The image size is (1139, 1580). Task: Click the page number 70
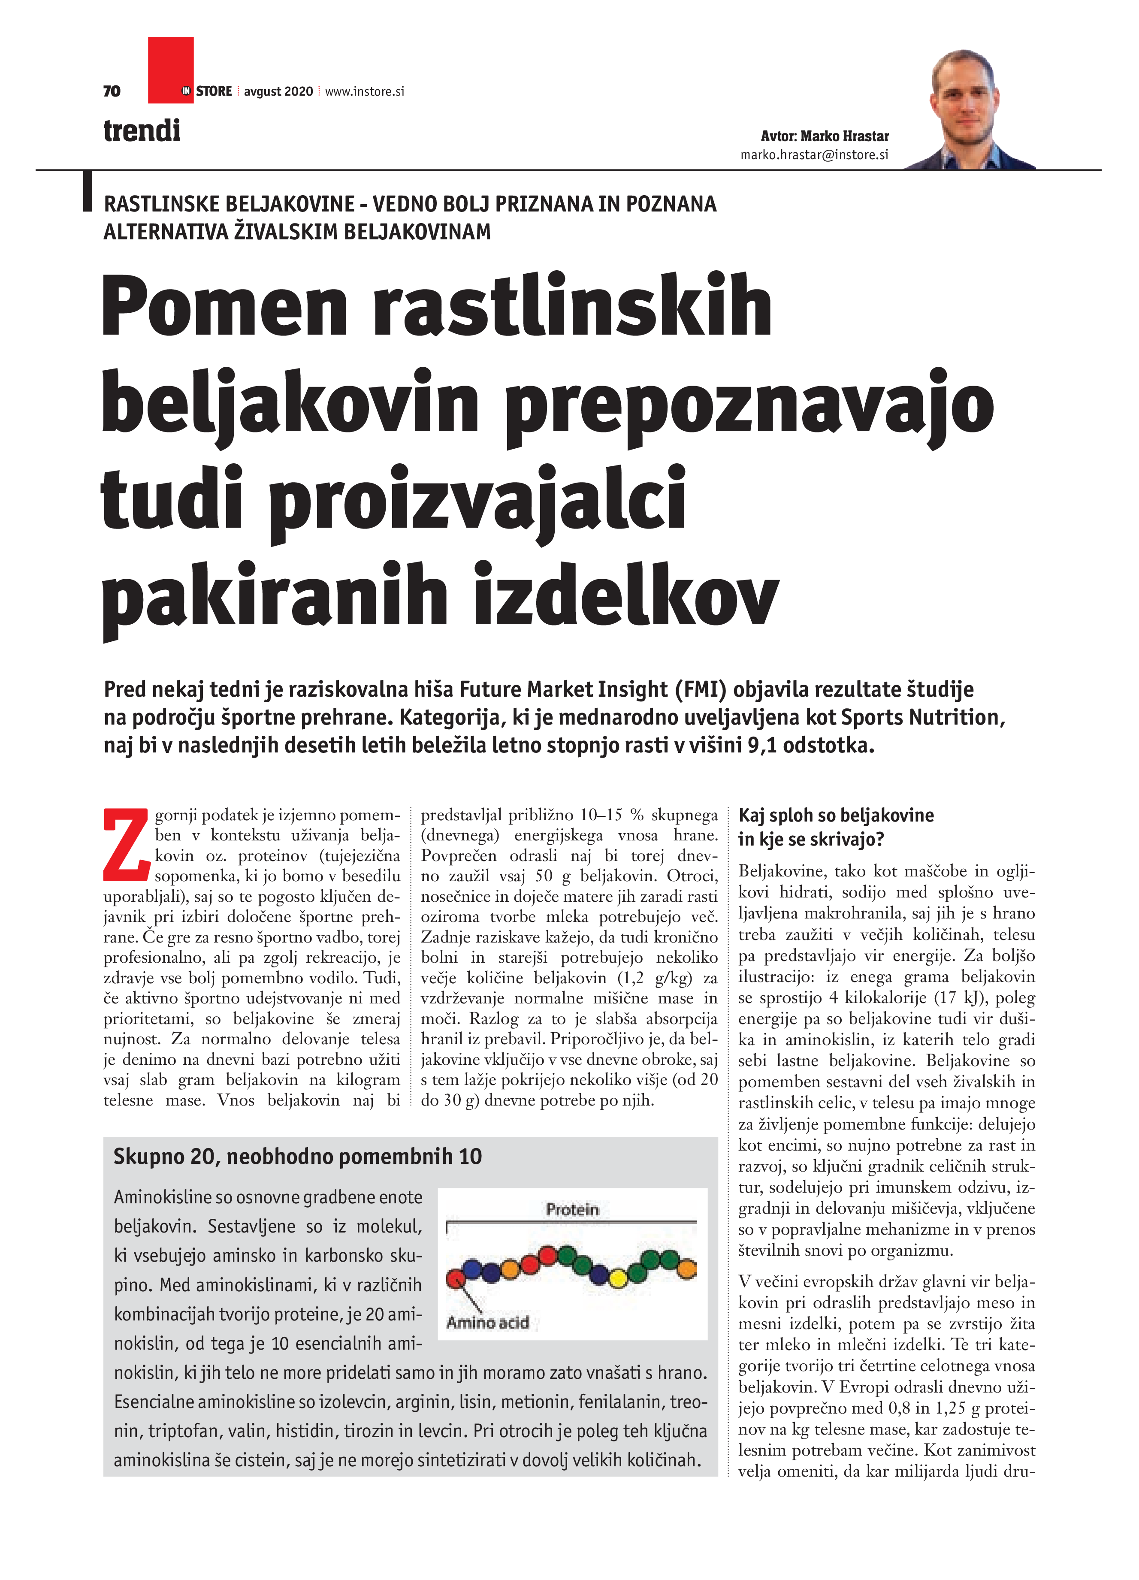pos(112,91)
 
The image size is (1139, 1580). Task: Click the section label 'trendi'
pos(142,131)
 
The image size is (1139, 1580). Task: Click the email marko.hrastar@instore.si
pos(814,155)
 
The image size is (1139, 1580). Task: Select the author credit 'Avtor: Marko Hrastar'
pos(824,136)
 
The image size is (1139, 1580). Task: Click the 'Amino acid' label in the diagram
pos(488,1322)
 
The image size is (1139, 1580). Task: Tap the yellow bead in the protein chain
pos(618,1278)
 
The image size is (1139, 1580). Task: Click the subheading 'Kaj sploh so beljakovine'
pos(836,815)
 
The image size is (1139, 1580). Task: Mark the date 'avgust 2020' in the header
pos(279,91)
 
